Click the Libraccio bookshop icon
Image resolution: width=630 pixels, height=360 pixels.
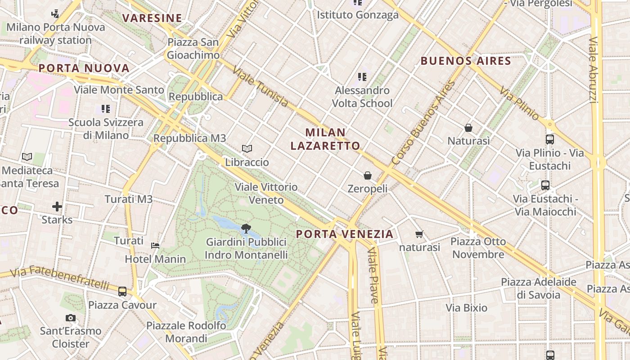point(247,148)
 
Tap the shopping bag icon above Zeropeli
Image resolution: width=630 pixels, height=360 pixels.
point(368,175)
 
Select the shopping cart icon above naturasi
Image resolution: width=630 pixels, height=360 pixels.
point(419,234)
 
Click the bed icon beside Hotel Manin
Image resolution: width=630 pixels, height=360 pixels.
point(155,246)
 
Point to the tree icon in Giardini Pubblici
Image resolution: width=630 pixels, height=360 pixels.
point(246,229)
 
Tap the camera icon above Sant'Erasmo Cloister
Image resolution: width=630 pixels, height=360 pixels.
point(70,318)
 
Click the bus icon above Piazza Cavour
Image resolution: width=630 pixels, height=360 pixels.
point(122,292)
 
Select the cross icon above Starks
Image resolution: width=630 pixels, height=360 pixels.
point(57,207)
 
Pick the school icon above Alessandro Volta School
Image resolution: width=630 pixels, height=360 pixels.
point(362,77)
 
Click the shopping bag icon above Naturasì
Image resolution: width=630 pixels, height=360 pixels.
point(468,128)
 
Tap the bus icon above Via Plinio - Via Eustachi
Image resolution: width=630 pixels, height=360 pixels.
point(549,139)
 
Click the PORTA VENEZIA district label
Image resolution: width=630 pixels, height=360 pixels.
point(345,234)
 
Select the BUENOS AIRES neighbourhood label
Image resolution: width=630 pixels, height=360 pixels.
point(466,61)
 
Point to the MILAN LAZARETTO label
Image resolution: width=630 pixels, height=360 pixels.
point(325,139)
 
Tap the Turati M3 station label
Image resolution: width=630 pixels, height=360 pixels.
point(129,199)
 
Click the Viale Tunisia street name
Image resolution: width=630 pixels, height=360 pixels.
point(261,88)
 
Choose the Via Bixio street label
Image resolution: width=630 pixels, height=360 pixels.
point(467,308)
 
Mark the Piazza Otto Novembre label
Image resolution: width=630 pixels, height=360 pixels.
point(478,248)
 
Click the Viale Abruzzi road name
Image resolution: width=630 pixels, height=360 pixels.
point(594,70)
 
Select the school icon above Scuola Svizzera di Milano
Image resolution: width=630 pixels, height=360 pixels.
point(106,108)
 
